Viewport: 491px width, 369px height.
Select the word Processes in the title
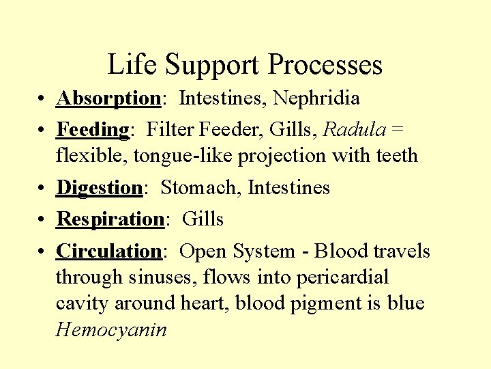click(325, 65)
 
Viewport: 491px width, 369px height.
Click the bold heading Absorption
click(108, 99)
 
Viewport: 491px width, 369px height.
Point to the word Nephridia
click(316, 98)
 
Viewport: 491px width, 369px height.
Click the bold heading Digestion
click(99, 188)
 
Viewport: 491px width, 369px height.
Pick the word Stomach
click(201, 187)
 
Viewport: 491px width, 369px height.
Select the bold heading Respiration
click(109, 219)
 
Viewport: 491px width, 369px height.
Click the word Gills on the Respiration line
click(203, 219)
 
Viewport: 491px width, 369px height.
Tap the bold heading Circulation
click(108, 251)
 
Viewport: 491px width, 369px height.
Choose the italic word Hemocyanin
click(111, 330)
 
